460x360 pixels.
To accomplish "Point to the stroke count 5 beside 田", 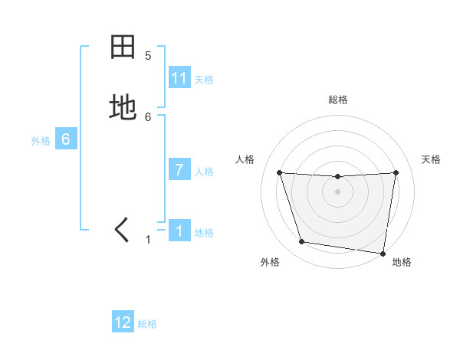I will [148, 56].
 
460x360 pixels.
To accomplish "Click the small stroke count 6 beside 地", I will [148, 116].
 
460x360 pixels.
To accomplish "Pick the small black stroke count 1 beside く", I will [148, 240].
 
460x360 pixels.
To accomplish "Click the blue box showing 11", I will [179, 78].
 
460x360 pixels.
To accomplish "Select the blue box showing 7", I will [179, 170].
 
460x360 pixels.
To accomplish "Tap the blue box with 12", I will [123, 322].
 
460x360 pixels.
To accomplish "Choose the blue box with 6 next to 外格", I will [66, 139].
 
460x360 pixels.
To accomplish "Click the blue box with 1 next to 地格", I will [179, 231].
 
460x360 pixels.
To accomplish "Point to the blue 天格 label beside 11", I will [204, 79].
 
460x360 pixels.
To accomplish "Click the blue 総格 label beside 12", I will [147, 324].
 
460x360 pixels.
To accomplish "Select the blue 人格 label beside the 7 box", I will [204, 172].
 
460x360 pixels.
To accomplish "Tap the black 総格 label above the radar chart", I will [337, 100].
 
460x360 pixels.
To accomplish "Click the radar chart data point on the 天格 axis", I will [396, 172].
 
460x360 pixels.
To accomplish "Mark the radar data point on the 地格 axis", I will [383, 253].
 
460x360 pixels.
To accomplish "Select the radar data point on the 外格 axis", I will [301, 242].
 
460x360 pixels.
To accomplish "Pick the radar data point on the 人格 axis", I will [279, 172].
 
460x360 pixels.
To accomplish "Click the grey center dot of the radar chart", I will [337, 191].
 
